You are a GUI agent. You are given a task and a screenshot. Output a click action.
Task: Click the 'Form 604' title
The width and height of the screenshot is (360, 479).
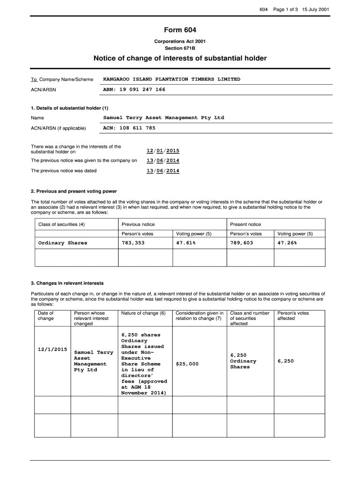[x=180, y=30]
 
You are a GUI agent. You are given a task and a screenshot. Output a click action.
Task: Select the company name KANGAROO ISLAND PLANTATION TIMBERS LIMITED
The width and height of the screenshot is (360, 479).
[x=171, y=80]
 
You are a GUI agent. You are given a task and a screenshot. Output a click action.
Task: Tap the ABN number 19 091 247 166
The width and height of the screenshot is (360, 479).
[x=134, y=89]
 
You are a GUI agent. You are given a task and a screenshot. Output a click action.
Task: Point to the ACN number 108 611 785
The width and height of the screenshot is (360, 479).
[x=129, y=128]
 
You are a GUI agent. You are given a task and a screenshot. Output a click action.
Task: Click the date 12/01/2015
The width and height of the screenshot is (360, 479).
[x=163, y=151]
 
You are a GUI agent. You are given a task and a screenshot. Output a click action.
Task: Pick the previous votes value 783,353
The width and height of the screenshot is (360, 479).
[x=133, y=243]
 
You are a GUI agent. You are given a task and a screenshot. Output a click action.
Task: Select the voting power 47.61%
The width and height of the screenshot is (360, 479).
[x=186, y=243]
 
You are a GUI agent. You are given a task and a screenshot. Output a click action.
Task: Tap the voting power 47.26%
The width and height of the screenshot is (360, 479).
[x=287, y=243]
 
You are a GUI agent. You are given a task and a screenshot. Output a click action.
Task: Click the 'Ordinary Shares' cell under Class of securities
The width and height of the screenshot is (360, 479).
[x=63, y=243]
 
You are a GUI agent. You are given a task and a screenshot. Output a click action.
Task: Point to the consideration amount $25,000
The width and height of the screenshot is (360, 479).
[x=187, y=364]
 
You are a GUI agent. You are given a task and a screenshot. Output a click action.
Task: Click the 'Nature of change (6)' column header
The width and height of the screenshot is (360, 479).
[x=143, y=313]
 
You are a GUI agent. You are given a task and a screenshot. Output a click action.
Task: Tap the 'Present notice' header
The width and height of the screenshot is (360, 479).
[x=245, y=225]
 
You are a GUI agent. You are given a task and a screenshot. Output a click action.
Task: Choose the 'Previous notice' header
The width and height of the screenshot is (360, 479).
[x=138, y=225]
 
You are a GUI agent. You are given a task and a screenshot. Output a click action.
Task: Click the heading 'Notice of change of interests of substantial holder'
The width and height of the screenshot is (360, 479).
[x=180, y=58]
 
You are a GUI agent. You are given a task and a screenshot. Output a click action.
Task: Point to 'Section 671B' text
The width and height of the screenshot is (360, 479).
[x=180, y=48]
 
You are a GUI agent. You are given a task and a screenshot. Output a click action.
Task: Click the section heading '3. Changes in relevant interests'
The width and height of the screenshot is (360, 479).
[x=67, y=283]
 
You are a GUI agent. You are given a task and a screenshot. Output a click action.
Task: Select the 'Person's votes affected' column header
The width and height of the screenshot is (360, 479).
[x=293, y=316]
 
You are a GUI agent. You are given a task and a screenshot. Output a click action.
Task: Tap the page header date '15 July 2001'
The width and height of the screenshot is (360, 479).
[x=316, y=10]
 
